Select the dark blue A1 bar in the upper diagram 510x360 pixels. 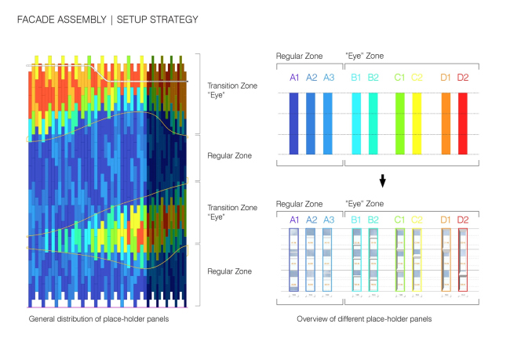[x=294, y=123]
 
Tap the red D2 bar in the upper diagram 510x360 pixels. [x=463, y=123]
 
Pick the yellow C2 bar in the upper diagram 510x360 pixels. [x=417, y=123]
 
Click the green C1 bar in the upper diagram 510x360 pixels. [x=399, y=123]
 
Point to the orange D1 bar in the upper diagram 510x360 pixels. [x=446, y=123]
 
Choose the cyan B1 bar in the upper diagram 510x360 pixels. [x=357, y=123]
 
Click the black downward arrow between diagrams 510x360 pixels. [x=382, y=181]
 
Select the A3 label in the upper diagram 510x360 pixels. [x=328, y=77]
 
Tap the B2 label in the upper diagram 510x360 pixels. [x=373, y=77]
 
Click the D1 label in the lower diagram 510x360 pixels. [x=446, y=220]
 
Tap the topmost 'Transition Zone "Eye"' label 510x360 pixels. [x=226, y=90]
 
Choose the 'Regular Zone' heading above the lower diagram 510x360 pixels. [x=299, y=204]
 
